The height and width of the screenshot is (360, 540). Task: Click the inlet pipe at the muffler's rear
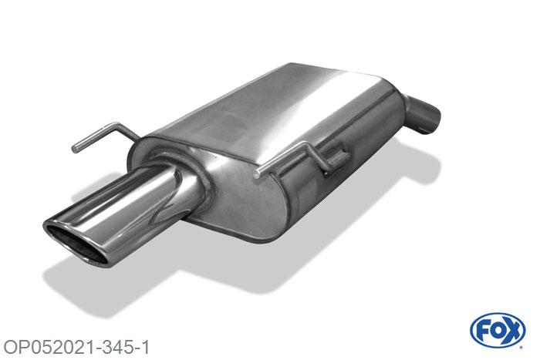tap(425, 113)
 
